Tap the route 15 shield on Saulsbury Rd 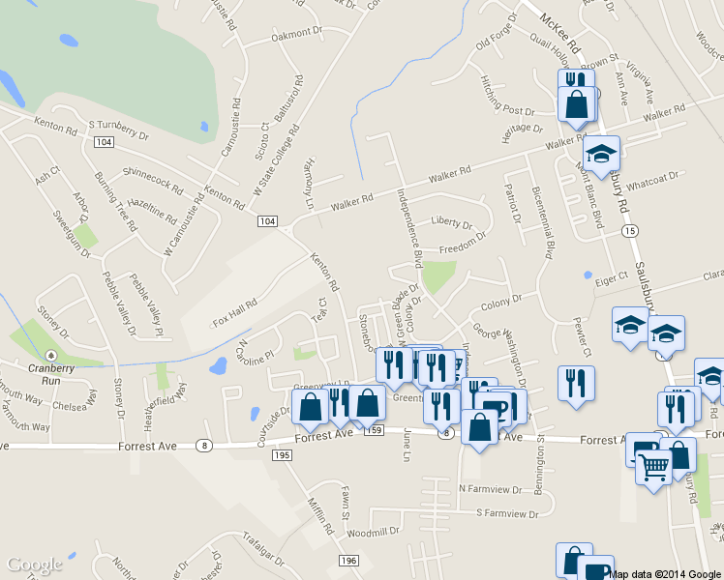(x=630, y=231)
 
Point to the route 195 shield (x=283, y=454)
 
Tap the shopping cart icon (x=654, y=467)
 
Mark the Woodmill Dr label (x=372, y=532)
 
